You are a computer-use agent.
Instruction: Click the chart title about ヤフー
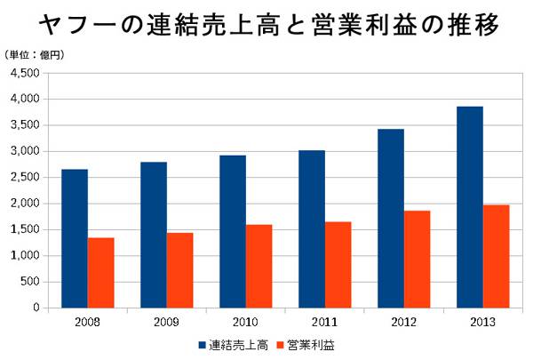[x=266, y=25]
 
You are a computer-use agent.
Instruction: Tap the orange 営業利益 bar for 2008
[x=101, y=272]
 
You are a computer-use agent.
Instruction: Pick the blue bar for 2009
[x=154, y=235]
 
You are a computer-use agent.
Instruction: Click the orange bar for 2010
[x=259, y=266]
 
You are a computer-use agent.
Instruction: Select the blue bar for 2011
[x=311, y=228]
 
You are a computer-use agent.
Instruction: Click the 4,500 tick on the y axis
[x=25, y=73]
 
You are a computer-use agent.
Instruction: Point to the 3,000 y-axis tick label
[x=25, y=151]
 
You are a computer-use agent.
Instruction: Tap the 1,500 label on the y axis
[x=25, y=229]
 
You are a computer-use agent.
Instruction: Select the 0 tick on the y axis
[x=35, y=308]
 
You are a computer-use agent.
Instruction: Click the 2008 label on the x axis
[x=88, y=321]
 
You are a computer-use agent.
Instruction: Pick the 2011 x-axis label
[x=324, y=321]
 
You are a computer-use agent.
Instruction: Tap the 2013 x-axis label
[x=482, y=321]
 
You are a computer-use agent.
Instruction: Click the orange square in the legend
[x=279, y=344]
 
